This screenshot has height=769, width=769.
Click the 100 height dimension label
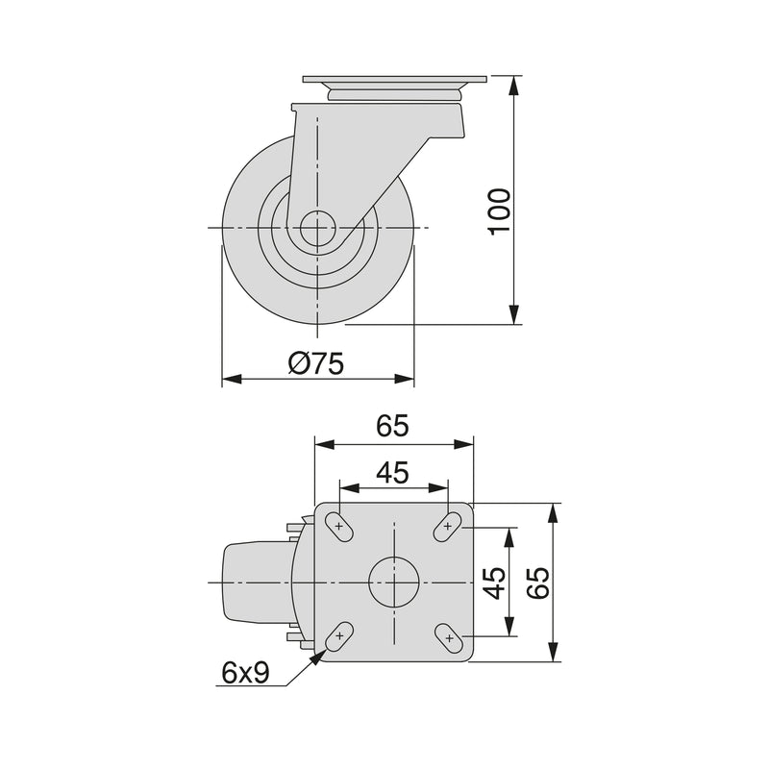[x=499, y=211]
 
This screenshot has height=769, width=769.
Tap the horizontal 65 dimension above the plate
[x=393, y=426]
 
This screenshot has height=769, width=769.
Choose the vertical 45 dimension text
[x=494, y=582]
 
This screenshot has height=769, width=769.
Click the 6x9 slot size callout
[x=244, y=674]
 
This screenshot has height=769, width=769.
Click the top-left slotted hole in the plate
[x=338, y=525]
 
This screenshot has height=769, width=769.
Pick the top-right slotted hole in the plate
[x=448, y=525]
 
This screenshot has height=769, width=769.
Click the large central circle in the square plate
[x=393, y=582]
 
